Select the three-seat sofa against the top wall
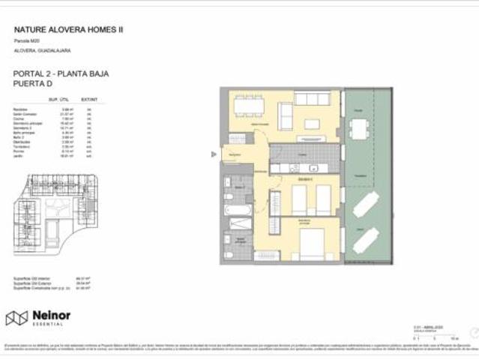312,98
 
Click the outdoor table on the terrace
361,129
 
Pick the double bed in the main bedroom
314,243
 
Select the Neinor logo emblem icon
16,319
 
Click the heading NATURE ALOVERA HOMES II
69,30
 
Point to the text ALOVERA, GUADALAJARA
42,50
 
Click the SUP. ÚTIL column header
59,99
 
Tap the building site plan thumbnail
56,214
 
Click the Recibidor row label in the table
20,109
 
